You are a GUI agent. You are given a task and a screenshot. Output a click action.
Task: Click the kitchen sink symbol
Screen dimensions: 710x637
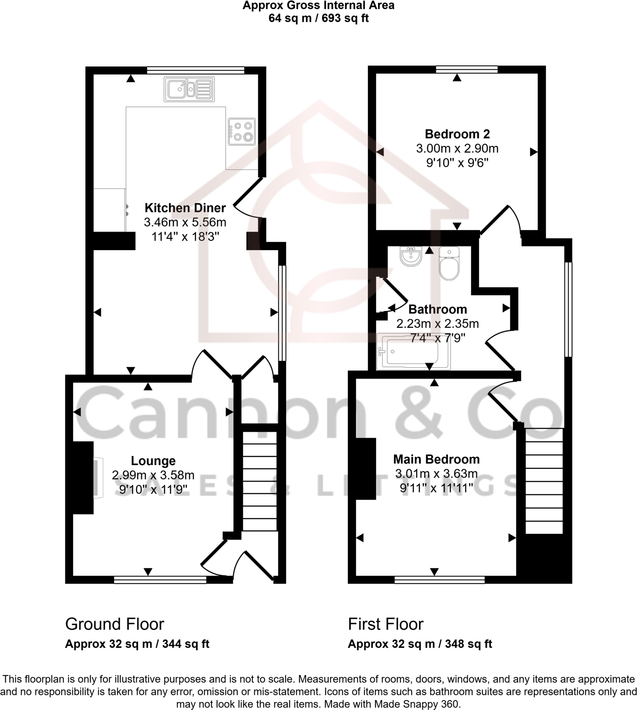click(x=189, y=89)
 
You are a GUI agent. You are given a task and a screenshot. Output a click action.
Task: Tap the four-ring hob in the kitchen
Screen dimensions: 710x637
click(x=242, y=132)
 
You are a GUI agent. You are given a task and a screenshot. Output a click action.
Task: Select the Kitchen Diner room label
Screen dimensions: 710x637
click(x=185, y=208)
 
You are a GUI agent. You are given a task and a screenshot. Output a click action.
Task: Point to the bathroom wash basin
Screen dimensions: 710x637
click(x=411, y=256)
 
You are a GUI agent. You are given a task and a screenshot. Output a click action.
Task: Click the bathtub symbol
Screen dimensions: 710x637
click(x=413, y=352)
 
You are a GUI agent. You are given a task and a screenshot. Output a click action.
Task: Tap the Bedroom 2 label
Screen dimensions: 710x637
click(x=457, y=134)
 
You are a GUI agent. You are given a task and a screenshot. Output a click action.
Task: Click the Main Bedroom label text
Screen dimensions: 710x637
click(x=436, y=459)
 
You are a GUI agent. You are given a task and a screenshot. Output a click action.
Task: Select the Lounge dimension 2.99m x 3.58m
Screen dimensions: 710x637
click(x=153, y=475)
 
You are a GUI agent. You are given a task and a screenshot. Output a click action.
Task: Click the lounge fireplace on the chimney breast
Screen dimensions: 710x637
click(x=98, y=477)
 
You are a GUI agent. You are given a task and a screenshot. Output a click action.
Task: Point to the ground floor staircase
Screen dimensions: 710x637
click(x=259, y=481)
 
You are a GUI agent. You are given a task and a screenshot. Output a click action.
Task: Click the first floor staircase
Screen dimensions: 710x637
click(x=544, y=481)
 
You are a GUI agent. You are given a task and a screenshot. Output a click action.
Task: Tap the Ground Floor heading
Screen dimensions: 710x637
click(x=114, y=624)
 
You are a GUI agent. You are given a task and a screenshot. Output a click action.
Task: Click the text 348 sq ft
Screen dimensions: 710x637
click(x=468, y=644)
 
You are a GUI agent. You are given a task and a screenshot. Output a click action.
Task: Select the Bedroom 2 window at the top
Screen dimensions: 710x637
click(x=467, y=70)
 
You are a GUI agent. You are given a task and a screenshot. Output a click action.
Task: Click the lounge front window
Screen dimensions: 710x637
click(x=160, y=580)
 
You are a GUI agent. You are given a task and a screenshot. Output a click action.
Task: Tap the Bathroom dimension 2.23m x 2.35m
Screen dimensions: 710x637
click(x=437, y=324)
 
